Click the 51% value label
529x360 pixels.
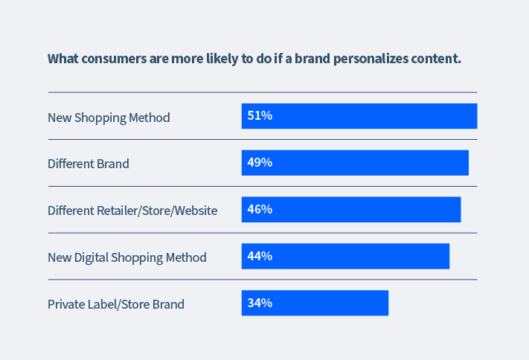pyautogui.click(x=260, y=116)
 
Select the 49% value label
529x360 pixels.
pyautogui.click(x=260, y=163)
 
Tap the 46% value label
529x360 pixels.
pyautogui.click(x=260, y=210)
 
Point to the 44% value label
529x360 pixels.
pyautogui.click(x=260, y=257)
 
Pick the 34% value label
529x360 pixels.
pyautogui.click(x=260, y=303)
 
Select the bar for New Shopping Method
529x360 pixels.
pyautogui.click(x=372, y=116)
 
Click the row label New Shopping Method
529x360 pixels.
pyautogui.click(x=109, y=118)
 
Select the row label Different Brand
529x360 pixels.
pyautogui.click(x=88, y=164)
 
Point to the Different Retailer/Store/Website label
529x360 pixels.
pyautogui.click(x=132, y=210)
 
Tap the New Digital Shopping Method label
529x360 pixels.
pyautogui.click(x=126, y=257)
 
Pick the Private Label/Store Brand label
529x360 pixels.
pyautogui.click(x=115, y=304)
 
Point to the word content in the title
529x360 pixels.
pyautogui.click(x=438, y=59)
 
